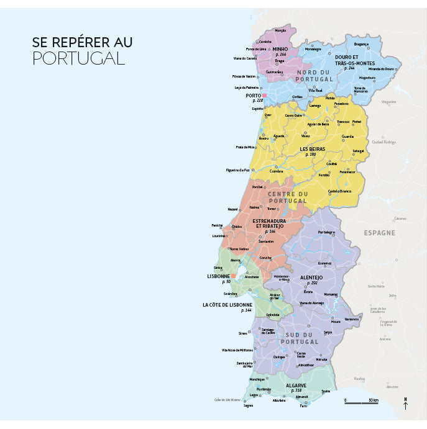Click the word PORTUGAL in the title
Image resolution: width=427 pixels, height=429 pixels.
(78, 58)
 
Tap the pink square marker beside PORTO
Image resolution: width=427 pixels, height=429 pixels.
(264, 96)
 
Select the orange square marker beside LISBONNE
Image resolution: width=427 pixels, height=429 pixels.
(234, 276)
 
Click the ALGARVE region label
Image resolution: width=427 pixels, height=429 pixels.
(296, 386)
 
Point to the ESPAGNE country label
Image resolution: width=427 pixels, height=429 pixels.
(379, 233)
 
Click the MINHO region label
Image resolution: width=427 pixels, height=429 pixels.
(280, 49)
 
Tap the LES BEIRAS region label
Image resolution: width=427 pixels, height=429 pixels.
(312, 149)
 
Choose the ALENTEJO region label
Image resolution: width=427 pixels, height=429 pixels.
(311, 278)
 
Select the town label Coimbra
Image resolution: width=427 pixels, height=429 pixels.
(276, 171)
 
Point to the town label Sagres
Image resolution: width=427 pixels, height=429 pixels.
(249, 405)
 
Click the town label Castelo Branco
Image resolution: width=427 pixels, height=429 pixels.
(340, 191)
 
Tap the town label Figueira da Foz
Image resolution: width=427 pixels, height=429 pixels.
(237, 169)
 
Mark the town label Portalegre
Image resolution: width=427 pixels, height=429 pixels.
(326, 232)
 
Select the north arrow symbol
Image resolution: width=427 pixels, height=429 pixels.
(406, 404)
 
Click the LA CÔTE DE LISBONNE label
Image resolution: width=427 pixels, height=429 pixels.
(227, 305)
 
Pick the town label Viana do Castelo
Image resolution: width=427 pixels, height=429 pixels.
(245, 58)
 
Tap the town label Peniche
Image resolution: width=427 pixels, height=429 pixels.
(217, 225)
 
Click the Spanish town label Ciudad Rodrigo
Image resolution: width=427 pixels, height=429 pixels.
(383, 142)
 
